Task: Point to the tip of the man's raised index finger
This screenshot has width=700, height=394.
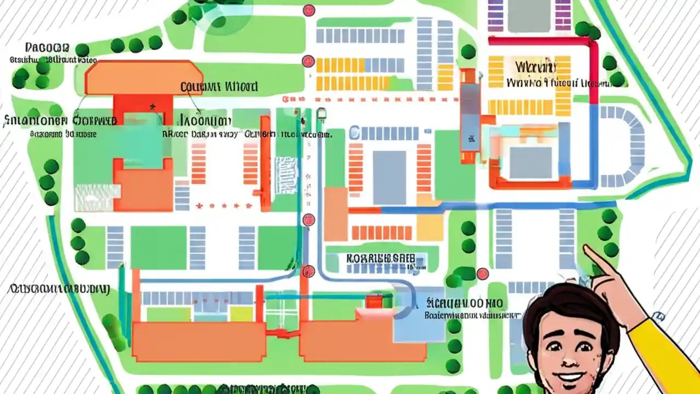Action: point(586,249)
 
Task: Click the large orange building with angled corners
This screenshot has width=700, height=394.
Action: point(143,77)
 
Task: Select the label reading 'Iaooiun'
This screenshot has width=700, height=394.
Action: point(205,120)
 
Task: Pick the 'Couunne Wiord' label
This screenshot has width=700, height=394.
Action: point(219,86)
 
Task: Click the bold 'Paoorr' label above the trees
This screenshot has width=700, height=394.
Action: point(46,48)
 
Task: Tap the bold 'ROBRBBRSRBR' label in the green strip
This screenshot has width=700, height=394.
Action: point(381,258)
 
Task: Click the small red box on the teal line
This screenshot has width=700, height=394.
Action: point(374,301)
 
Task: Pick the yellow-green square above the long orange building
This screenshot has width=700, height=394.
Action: point(241,314)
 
